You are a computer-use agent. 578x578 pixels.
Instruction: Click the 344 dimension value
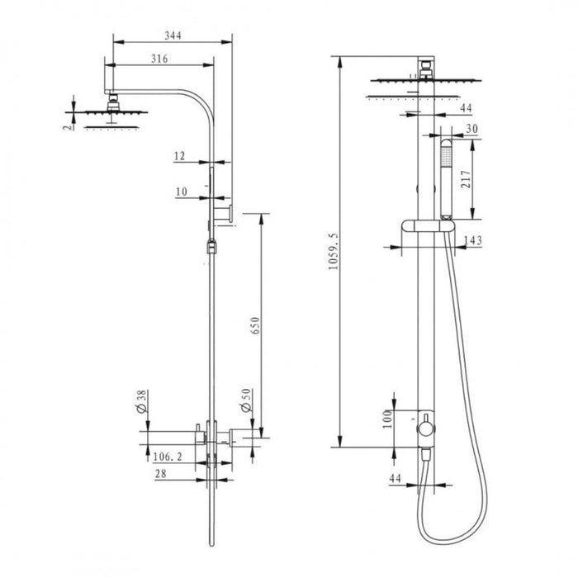point(171,35)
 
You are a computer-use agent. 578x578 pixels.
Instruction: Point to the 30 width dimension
point(472,128)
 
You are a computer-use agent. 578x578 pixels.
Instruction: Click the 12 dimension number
point(181,155)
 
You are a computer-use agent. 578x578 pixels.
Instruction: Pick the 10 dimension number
point(181,192)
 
